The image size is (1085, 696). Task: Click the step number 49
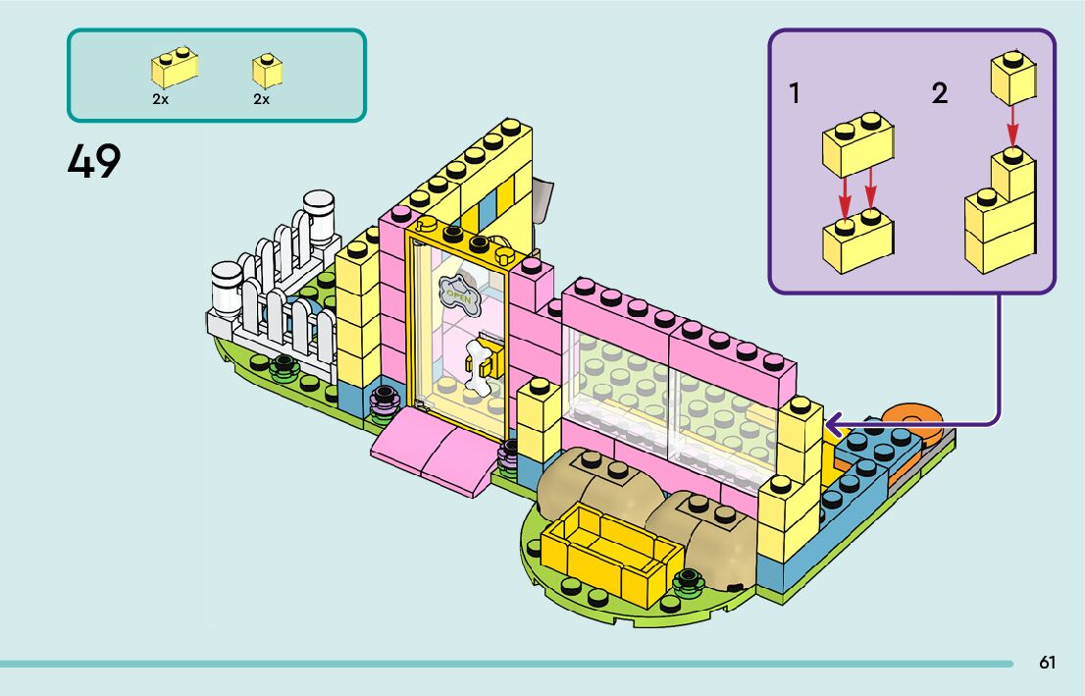coord(94,161)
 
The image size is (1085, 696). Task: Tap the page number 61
coord(1048,663)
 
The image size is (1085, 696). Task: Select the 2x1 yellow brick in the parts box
coord(174,67)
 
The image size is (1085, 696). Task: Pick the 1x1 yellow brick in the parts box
coord(267,71)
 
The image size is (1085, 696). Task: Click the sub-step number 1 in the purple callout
coord(795,94)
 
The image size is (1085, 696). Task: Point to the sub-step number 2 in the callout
coord(940,94)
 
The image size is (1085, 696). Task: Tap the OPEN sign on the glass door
coord(456,292)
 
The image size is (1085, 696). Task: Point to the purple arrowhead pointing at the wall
coord(834,424)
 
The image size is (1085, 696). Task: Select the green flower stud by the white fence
coord(284,368)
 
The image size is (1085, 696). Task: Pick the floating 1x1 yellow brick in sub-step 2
coord(1013,77)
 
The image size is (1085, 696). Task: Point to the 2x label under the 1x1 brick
coord(261,99)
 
